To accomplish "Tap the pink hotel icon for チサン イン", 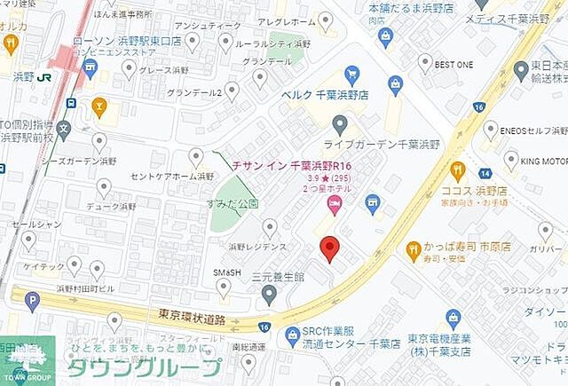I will pyautogui.click(x=334, y=208).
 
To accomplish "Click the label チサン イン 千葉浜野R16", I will pyautogui.click(x=292, y=165).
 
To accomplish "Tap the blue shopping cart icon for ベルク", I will pyautogui.click(x=351, y=75).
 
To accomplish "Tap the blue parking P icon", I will pyautogui.click(x=33, y=302).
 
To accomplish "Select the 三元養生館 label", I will pyautogui.click(x=278, y=278).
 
